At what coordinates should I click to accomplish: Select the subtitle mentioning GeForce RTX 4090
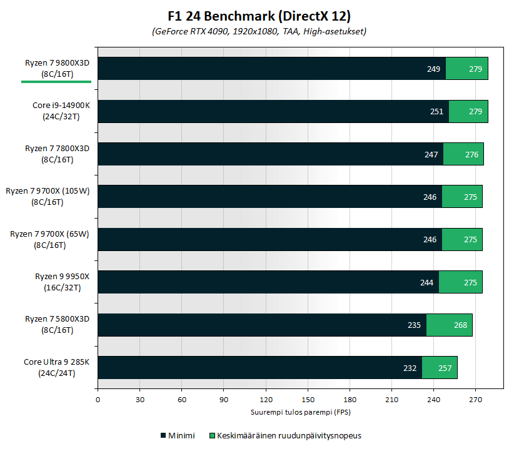[x=259, y=31]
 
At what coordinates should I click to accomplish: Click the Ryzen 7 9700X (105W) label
[x=48, y=196]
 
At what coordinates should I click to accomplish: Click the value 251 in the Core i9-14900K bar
[x=436, y=112]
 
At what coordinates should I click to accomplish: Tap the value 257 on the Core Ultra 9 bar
[x=445, y=368]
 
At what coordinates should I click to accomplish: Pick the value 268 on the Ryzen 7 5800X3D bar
[x=460, y=325]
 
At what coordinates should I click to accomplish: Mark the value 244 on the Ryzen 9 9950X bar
[x=426, y=282]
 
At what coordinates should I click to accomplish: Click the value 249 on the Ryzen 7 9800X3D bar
[x=434, y=69]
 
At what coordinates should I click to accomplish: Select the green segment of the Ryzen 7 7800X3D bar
[x=463, y=154]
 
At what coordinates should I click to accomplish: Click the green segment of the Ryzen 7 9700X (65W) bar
[x=462, y=240]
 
